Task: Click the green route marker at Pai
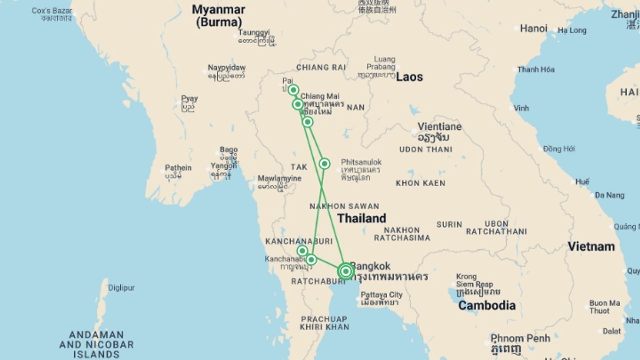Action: tap(293, 90)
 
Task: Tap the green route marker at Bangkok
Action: tap(346, 271)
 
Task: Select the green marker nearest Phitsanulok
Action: tap(324, 164)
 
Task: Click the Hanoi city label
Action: tap(534, 29)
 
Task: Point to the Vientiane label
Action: tap(439, 127)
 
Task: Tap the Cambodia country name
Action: tap(487, 305)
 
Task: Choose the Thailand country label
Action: tap(362, 218)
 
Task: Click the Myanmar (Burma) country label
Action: tap(219, 16)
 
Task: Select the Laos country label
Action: tap(409, 77)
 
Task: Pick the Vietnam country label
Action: tap(591, 247)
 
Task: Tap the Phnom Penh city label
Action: tap(520, 338)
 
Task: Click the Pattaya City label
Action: tap(382, 295)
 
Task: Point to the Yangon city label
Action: tap(224, 166)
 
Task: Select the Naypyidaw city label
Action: tap(227, 68)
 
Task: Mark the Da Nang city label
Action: tap(610, 195)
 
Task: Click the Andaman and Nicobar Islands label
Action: tap(96, 344)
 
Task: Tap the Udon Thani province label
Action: tap(426, 150)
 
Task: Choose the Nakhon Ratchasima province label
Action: tap(402, 234)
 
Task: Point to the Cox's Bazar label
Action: tap(52, 11)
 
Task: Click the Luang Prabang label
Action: tap(384, 63)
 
